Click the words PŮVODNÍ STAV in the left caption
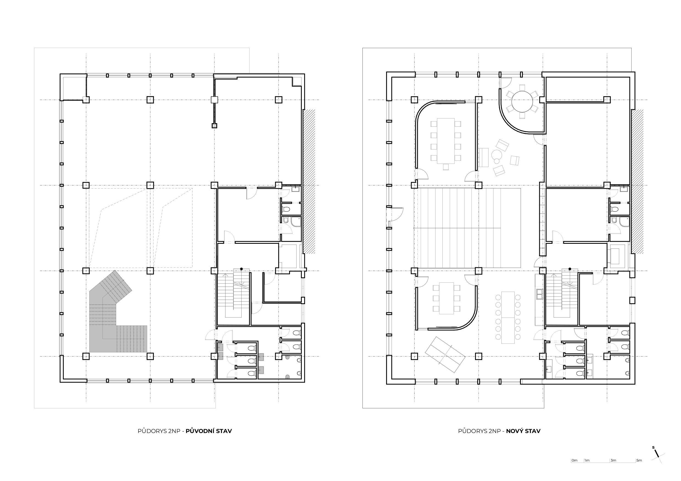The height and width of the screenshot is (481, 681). click(208, 431)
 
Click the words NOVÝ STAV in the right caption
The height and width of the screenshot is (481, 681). click(523, 431)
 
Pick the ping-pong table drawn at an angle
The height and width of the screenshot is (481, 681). click(445, 355)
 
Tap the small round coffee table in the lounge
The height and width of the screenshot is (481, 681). click(496, 155)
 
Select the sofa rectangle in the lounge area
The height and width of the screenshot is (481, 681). click(484, 157)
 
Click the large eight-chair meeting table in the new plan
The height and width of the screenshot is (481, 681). click(446, 141)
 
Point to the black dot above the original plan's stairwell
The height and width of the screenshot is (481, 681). click(241, 269)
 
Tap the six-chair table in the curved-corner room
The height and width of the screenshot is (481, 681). click(446, 298)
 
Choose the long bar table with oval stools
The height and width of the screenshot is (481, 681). click(508, 318)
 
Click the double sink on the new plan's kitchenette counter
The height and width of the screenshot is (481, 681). click(539, 293)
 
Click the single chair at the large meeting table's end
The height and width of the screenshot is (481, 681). click(446, 167)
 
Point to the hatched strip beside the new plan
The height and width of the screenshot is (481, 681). click(637, 181)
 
